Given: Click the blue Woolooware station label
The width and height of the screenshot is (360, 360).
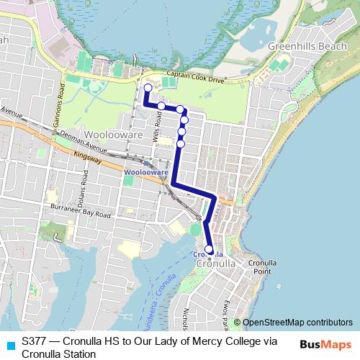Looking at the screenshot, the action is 145,173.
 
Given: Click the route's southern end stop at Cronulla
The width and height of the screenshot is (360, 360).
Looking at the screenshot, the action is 210,250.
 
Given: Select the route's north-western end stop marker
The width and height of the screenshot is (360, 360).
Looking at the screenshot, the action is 148,89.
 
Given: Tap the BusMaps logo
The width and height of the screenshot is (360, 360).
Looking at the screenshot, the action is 325,344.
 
